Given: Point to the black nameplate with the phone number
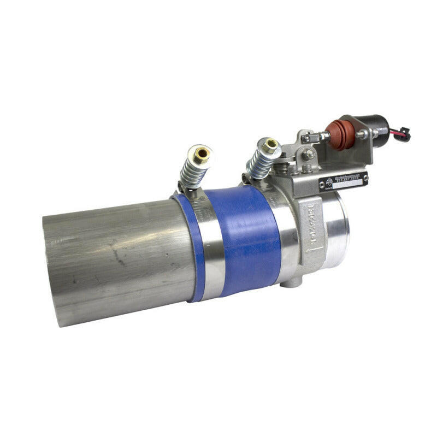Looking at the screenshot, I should click(344, 181).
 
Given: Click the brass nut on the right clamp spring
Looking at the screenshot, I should click(270, 146).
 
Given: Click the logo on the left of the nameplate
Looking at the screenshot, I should click(330, 182).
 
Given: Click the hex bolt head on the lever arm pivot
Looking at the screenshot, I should click(309, 155).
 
